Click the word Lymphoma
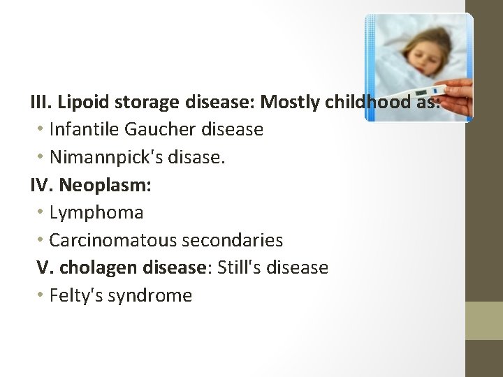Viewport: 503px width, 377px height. pos(96,212)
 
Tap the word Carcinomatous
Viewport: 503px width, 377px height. pos(113,240)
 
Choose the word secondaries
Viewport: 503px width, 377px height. pos(233,240)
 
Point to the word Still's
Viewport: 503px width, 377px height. pos(242,267)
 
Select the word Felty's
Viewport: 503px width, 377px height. pos(73,295)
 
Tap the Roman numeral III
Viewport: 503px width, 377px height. pos(41,103)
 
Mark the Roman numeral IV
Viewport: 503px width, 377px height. pos(41,185)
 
